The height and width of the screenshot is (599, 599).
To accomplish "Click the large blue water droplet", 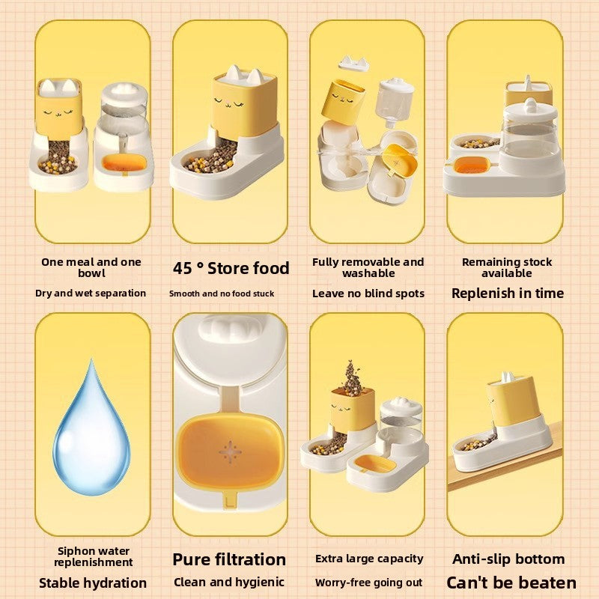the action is pos(91,432).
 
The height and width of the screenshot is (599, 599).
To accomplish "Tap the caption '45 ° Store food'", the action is pos(231,268).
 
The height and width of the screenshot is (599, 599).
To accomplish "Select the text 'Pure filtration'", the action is pos(229,559).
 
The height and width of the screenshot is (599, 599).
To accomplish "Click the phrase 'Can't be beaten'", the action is pos(511,583).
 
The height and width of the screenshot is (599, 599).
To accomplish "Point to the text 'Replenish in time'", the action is pos(508,293).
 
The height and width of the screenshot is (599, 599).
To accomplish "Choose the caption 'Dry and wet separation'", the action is pos(91,293).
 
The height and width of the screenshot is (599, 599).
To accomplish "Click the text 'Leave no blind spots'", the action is pos(368,294).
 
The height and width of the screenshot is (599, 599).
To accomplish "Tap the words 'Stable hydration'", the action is pos(93,583).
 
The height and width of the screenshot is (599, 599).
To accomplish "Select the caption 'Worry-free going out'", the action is pos(368,583).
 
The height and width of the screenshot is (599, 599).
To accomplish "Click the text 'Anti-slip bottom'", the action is pos(508,559).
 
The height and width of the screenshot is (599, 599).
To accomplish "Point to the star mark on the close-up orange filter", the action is pos(230,452).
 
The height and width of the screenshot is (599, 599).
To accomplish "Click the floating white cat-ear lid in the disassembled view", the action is pos(353,63).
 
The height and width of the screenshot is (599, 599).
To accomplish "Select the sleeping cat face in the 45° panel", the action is pos(228,103).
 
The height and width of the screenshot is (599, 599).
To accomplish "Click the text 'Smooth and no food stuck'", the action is pos(222,294).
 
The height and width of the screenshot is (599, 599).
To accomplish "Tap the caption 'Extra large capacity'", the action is pos(369,559).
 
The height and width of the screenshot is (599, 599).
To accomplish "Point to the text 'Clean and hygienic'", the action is pos(229,583).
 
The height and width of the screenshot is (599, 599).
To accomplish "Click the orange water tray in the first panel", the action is pos(124,162).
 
